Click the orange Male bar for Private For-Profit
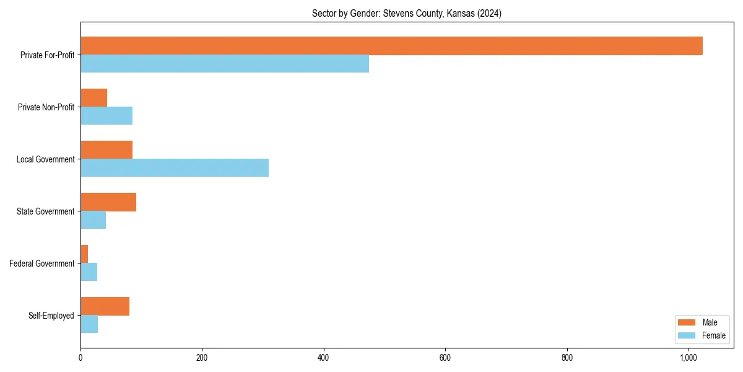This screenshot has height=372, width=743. (391, 46)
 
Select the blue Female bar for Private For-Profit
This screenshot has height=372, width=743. (225, 64)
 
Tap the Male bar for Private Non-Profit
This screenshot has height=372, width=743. (93, 98)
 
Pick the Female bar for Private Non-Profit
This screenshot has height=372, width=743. (106, 116)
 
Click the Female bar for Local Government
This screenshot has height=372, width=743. (175, 168)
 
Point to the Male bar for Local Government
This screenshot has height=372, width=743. (106, 150)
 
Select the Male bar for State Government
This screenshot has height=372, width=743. (108, 202)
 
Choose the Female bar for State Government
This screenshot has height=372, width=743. (93, 220)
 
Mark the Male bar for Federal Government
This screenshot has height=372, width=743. (84, 254)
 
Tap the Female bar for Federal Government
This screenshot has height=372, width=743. (89, 272)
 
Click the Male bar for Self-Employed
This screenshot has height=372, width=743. (105, 306)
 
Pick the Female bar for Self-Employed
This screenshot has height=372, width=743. (89, 324)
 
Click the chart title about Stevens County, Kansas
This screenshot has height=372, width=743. (407, 14)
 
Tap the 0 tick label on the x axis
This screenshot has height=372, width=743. (80, 358)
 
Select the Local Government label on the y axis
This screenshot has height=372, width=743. (45, 159)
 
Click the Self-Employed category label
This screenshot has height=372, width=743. (51, 316)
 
